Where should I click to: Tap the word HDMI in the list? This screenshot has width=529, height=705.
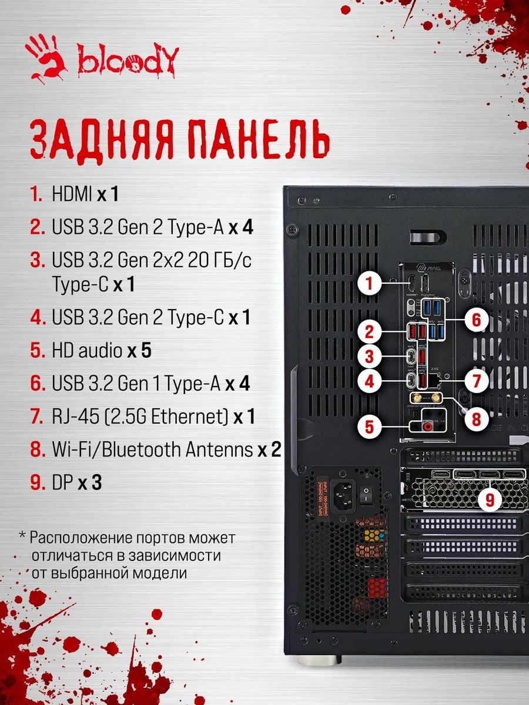(72, 194)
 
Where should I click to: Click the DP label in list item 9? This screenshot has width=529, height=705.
(62, 483)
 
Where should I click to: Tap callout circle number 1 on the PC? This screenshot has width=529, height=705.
(369, 285)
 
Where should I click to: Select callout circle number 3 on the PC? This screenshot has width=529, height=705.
(369, 357)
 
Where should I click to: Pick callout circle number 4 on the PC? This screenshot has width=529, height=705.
(369, 381)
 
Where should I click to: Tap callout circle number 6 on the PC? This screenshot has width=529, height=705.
(477, 321)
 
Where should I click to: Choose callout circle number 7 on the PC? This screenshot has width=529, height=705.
(477, 381)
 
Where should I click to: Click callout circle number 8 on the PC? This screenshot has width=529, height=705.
(477, 418)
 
